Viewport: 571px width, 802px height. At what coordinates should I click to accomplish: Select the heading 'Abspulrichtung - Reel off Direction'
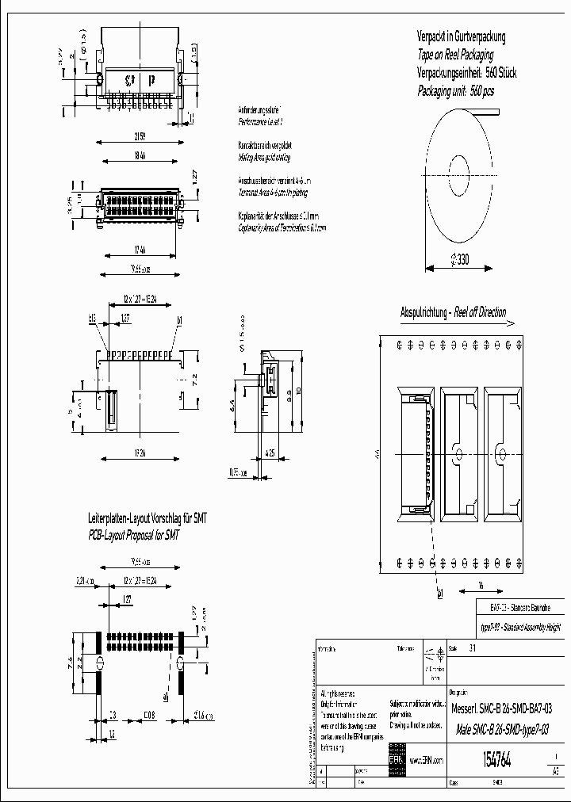click(453, 313)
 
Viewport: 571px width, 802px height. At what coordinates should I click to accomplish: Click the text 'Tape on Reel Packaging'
click(455, 55)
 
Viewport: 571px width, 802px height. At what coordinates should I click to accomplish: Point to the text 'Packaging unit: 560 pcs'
click(455, 91)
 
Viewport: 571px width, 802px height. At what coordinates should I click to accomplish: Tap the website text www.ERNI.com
click(426, 760)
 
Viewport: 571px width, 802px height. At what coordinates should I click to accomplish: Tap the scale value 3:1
click(473, 647)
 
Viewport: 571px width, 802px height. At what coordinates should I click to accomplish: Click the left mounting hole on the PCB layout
click(100, 663)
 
